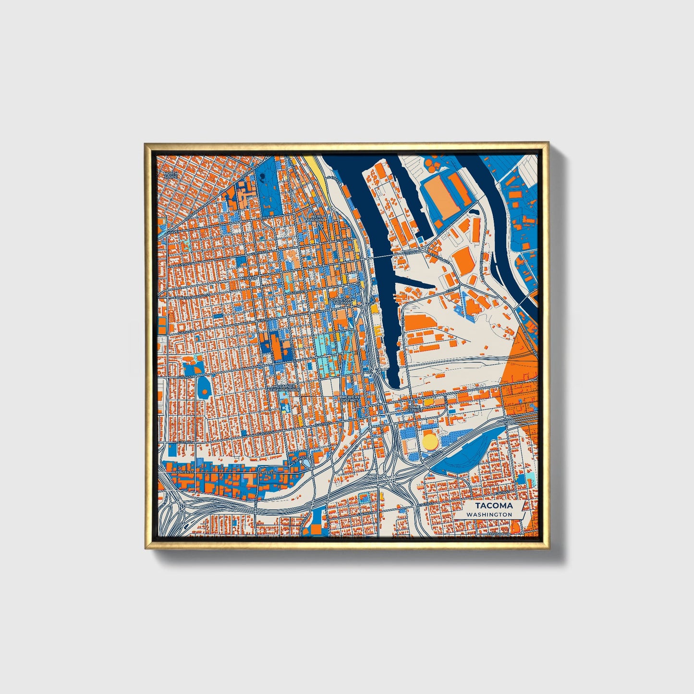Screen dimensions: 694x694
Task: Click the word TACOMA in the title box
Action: click(x=494, y=506)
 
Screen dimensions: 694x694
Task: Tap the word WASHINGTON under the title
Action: click(x=489, y=514)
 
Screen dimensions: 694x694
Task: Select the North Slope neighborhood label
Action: click(x=170, y=175)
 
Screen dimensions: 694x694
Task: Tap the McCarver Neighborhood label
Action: click(x=286, y=388)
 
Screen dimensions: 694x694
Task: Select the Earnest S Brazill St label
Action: click(x=185, y=297)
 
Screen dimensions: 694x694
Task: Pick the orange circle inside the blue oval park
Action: click(x=205, y=392)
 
